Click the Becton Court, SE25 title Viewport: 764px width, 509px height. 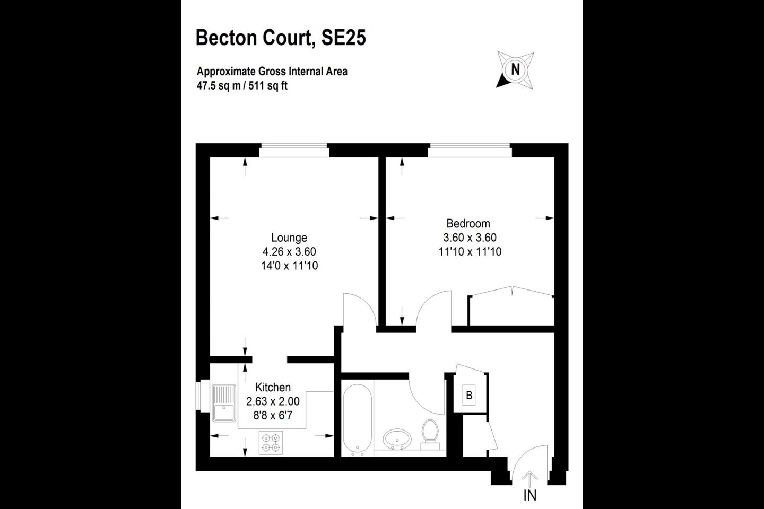281,38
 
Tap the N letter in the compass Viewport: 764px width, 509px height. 515,70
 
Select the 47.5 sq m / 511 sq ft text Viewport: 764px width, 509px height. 242,85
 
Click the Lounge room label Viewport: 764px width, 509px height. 289,238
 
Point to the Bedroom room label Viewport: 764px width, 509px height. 468,223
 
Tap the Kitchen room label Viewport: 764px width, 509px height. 273,387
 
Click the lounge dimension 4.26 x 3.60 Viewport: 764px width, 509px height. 289,252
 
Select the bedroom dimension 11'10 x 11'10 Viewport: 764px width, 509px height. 470,252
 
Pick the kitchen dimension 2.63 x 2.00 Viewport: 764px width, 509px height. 273,401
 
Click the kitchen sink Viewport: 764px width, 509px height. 224,403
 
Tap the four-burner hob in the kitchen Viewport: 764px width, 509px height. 271,443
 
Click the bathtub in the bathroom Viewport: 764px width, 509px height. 358,420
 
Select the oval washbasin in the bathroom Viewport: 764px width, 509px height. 397,439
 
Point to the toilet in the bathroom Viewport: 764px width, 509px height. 430,435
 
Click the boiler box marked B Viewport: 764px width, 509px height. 469,395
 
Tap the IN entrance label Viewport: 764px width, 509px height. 530,495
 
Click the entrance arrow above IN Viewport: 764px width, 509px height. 529,479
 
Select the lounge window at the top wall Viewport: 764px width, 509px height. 294,151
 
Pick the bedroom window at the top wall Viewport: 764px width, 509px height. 470,151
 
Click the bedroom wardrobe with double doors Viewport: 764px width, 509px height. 511,306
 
